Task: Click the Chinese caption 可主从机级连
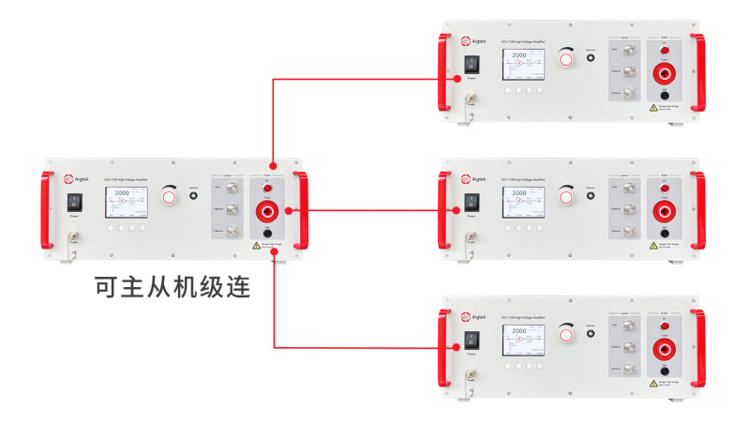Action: click(172, 287)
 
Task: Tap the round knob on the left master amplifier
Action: click(169, 196)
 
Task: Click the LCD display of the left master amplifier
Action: click(126, 202)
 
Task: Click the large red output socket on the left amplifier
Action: click(267, 211)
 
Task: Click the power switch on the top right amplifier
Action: click(471, 64)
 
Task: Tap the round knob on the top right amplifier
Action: click(564, 58)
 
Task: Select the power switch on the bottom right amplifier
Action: click(471, 340)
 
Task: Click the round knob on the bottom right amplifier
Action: click(564, 334)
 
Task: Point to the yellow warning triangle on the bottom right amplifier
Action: click(653, 383)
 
